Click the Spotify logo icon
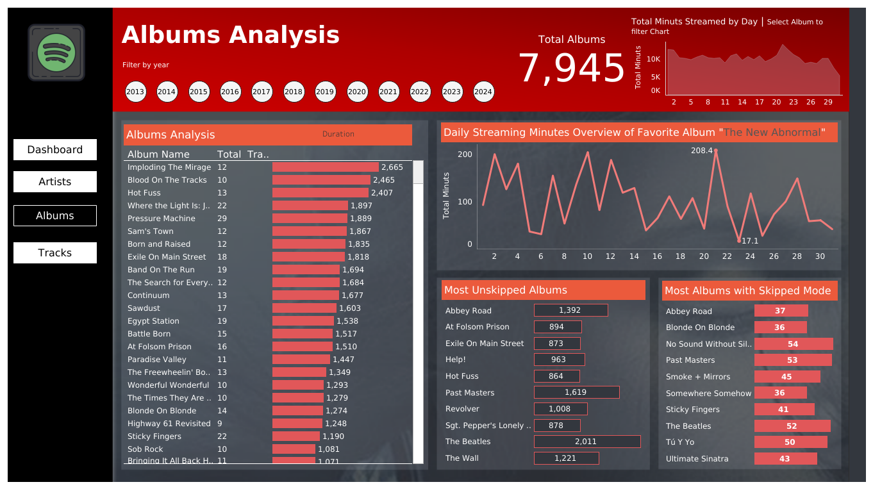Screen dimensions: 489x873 [x=56, y=53]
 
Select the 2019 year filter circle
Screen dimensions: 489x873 [x=325, y=92]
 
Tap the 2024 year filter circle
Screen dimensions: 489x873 [x=483, y=92]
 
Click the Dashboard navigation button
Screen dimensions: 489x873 [x=55, y=149]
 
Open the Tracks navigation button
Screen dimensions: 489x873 [x=55, y=253]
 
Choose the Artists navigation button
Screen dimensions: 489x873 [x=55, y=181]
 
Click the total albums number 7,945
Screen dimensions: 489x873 [x=571, y=69]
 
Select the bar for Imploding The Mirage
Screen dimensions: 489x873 [x=325, y=167]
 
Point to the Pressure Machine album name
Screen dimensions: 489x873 [x=161, y=219]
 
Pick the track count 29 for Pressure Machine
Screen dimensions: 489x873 [x=222, y=219]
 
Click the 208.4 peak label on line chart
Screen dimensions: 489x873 [x=701, y=151]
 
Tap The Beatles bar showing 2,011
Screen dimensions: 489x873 [x=586, y=442]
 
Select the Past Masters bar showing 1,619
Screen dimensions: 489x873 [x=576, y=392]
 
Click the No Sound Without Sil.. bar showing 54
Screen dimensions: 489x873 [x=794, y=344]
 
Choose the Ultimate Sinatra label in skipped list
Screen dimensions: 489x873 [x=697, y=459]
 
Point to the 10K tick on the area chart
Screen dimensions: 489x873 [x=653, y=59]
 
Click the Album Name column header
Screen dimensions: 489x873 [x=158, y=154]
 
